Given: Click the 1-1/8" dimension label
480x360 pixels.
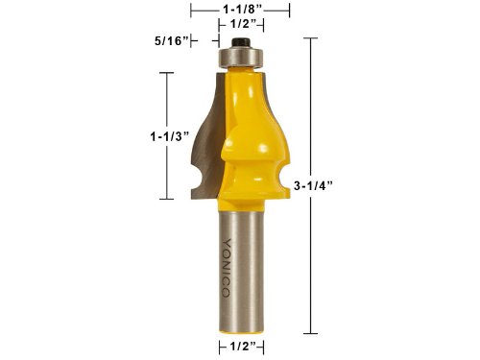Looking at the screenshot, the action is coord(243,10).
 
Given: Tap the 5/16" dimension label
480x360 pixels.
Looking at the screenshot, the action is coord(171,41).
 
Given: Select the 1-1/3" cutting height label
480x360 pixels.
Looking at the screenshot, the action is coord(170,136).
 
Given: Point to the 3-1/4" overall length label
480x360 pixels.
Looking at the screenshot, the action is coord(313,185).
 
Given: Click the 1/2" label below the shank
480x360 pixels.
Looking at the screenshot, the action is coord(243,347).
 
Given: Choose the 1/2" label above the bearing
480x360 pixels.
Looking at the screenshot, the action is coord(244,24).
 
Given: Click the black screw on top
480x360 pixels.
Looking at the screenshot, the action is coord(241,42).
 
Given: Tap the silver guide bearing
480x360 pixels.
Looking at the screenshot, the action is coord(241,57).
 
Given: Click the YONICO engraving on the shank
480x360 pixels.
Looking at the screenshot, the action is coord(227,268).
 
